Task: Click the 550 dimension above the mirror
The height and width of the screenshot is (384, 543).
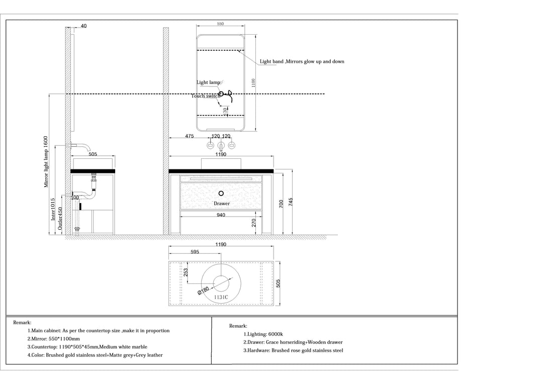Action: pyautogui.click(x=220, y=24)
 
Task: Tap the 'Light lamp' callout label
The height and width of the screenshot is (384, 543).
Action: pyautogui.click(x=208, y=82)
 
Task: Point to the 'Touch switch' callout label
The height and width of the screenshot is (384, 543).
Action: pyautogui.click(x=205, y=96)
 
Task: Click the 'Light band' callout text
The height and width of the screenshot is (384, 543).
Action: pyautogui.click(x=302, y=62)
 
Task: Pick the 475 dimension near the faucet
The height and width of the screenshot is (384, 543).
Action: pyautogui.click(x=190, y=136)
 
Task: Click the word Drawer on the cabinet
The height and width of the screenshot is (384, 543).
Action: pyautogui.click(x=221, y=204)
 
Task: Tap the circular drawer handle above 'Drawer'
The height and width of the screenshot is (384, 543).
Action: pyautogui.click(x=221, y=193)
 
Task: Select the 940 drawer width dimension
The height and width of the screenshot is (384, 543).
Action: pyautogui.click(x=221, y=215)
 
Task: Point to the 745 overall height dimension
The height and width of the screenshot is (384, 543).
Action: pyautogui.click(x=291, y=203)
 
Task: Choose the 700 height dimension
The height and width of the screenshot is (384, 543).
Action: pyautogui.click(x=282, y=203)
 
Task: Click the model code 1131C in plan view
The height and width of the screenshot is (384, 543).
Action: pyautogui.click(x=221, y=297)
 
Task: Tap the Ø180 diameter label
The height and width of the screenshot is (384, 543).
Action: pyautogui.click(x=203, y=290)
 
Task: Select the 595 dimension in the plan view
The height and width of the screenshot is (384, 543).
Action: pyautogui.click(x=195, y=252)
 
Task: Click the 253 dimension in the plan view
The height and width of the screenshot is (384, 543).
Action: pyautogui.click(x=186, y=272)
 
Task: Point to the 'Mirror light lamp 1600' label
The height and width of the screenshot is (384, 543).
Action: pyautogui.click(x=46, y=162)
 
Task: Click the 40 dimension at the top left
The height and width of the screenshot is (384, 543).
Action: pyautogui.click(x=83, y=26)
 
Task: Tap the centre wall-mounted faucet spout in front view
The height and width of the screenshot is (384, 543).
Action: pyautogui.click(x=221, y=146)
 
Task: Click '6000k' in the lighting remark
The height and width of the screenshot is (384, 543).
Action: pyautogui.click(x=276, y=334)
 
